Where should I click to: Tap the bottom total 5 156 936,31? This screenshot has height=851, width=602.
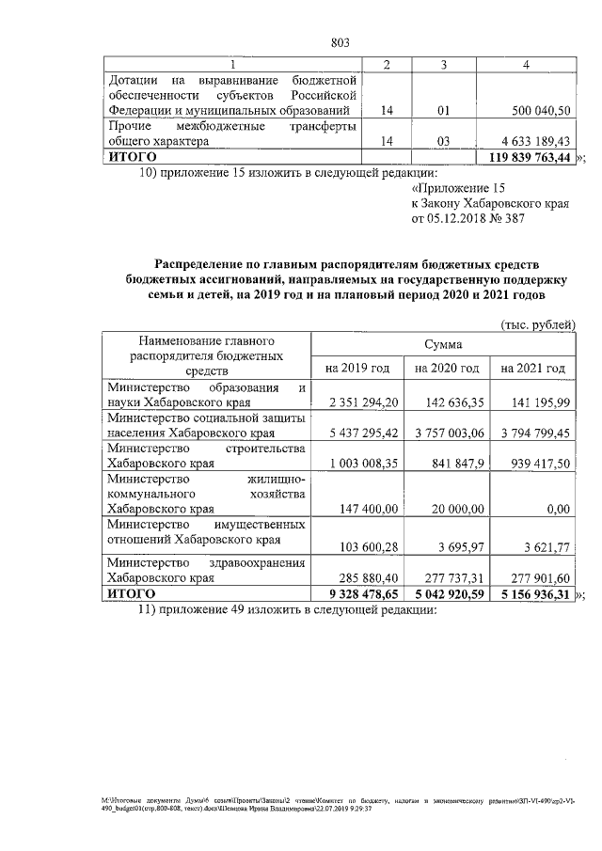[533, 594]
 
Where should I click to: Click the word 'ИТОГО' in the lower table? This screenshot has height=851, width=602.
[131, 594]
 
